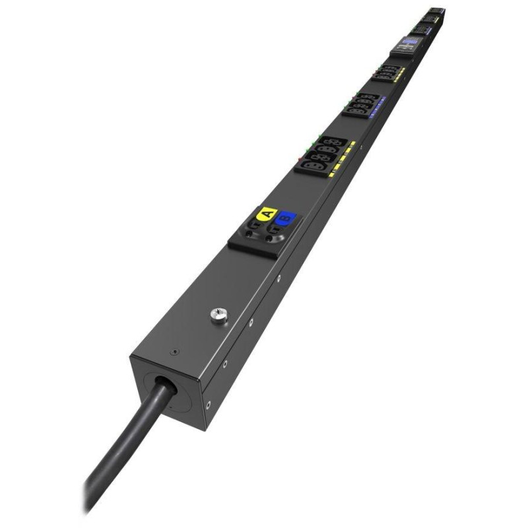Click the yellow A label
[x=267, y=213]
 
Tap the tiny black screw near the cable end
[x=174, y=352]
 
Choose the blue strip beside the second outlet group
[x=378, y=107]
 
